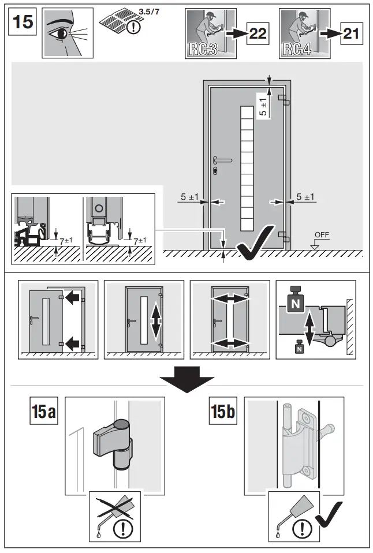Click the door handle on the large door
point(222,160)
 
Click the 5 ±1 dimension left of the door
point(189,197)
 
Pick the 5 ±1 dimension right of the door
point(305,197)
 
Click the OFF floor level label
point(322,236)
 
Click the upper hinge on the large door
point(283,100)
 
